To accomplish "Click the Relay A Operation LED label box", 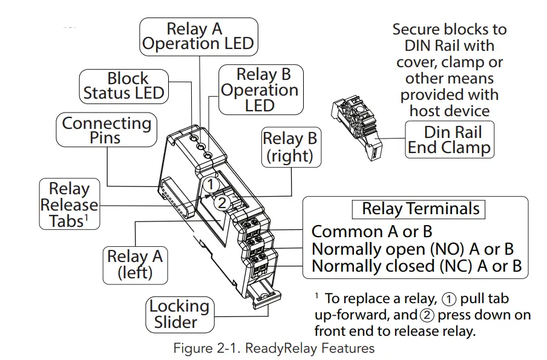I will coord(198,36).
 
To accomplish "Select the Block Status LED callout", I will coord(123,85).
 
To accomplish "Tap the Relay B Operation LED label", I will coord(263,90).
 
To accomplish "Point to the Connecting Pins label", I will coord(106,130).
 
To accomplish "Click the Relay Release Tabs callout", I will coord(69,205).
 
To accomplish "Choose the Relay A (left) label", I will coord(134,264).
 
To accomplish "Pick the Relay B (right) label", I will coord(289,147).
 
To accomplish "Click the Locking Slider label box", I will coord(179,313).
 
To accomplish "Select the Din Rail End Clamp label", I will coord(449,140).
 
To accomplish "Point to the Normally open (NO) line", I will coord(412,249).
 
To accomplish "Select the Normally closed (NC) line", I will coord(416,266).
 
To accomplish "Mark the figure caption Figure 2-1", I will coord(273,349).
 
